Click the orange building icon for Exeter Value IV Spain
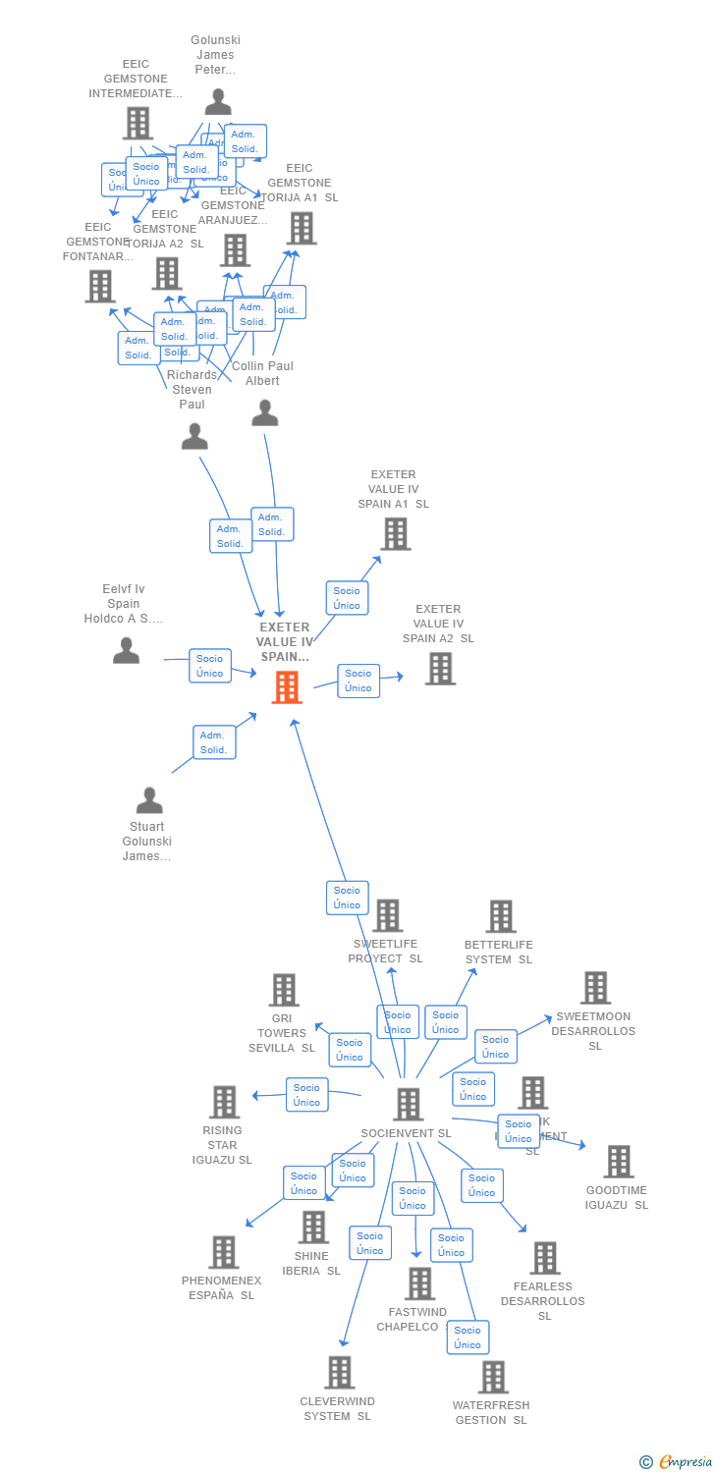pos(287,687)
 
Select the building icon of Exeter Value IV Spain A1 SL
pos(395,534)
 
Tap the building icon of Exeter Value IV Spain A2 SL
pos(440,669)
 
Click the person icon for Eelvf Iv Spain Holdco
pos(126,650)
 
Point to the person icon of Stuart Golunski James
pos(149,800)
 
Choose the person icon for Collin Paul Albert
pos(265,413)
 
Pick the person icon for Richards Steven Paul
pos(194,436)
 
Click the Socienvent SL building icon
pos(408,1104)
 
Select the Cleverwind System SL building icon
pos(339,1372)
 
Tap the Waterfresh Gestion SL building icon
pos(493,1377)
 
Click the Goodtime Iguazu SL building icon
pos(618,1162)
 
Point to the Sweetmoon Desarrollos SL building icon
pos(595,988)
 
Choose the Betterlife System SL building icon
pos(500,916)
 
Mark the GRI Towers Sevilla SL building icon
pos(284,990)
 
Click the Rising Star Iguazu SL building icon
pos(224,1102)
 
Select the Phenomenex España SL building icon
pos(223,1252)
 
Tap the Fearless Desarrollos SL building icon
pos(544,1258)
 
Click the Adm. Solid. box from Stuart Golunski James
pos(213,742)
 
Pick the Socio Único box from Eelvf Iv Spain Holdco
pos(209,666)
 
